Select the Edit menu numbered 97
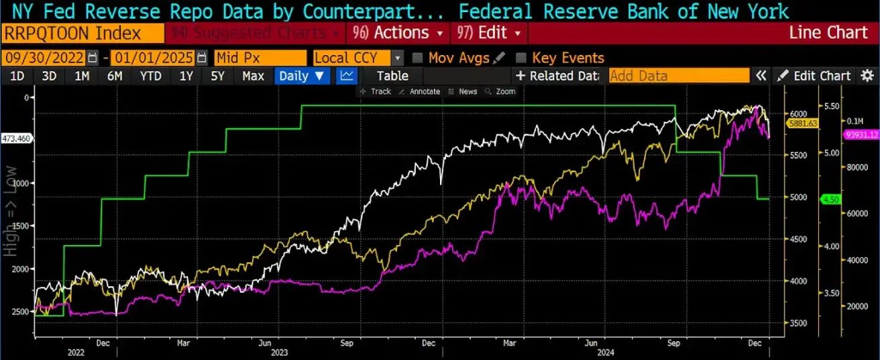[488, 33]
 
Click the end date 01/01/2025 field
[152, 58]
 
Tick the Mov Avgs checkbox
[417, 58]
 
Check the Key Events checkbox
[521, 58]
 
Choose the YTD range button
[150, 76]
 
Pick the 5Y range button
[218, 76]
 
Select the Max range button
[253, 76]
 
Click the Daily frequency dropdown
[302, 76]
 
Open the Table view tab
[392, 76]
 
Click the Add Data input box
[678, 76]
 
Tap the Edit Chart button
[815, 76]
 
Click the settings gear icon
[867, 76]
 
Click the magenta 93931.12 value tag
[863, 134]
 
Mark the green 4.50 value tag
[830, 199]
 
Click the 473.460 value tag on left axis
[17, 138]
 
